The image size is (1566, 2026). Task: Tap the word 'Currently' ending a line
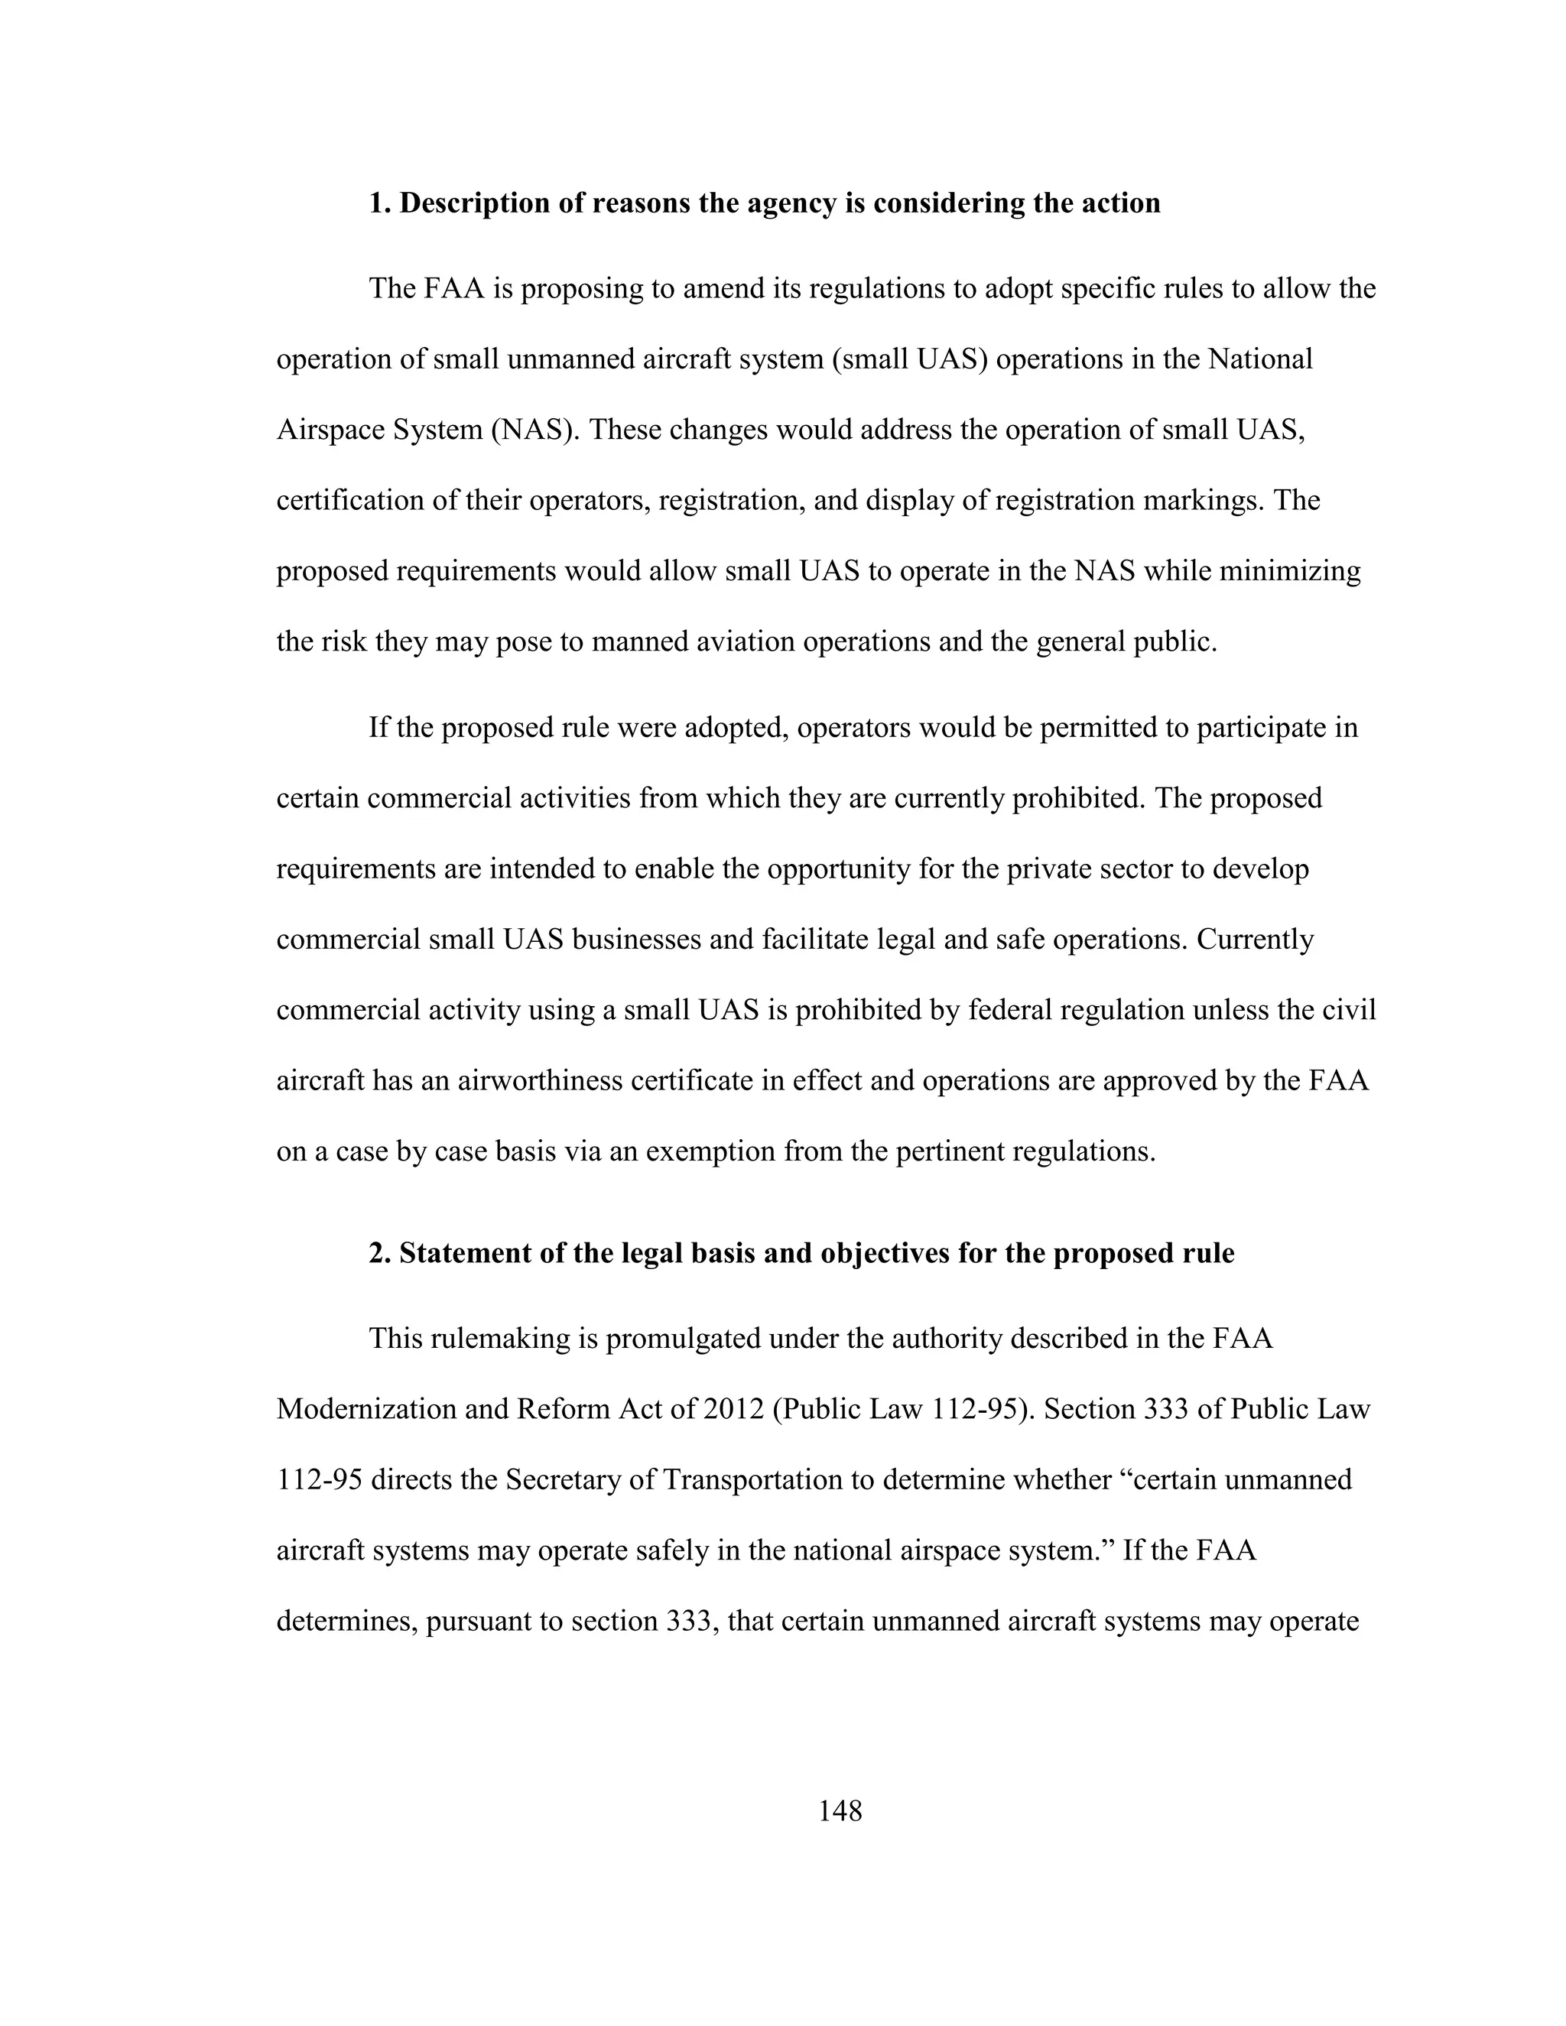click(x=1254, y=940)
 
